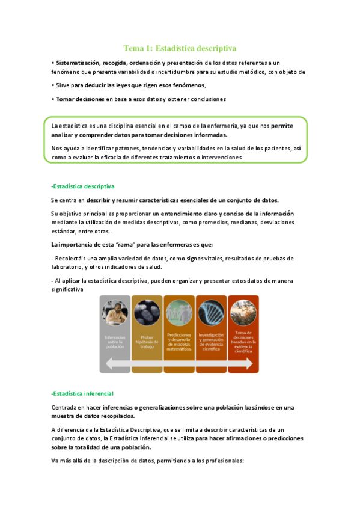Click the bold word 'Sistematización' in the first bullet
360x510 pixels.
[x=78, y=63]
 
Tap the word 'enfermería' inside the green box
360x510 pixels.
[x=221, y=126]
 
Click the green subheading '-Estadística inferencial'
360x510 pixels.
[x=83, y=393]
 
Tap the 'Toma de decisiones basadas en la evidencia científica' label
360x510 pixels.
[x=243, y=340]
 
